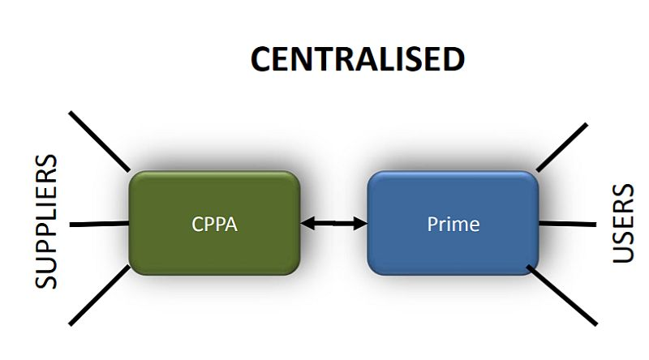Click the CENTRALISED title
coord(358,60)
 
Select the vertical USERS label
coord(623,224)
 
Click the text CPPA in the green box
coord(214,224)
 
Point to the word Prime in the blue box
coord(453,224)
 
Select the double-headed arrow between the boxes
coord(333,223)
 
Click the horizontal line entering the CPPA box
coord(99,223)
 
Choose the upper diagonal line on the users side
coord(562,147)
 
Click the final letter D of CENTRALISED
coord(452,60)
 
